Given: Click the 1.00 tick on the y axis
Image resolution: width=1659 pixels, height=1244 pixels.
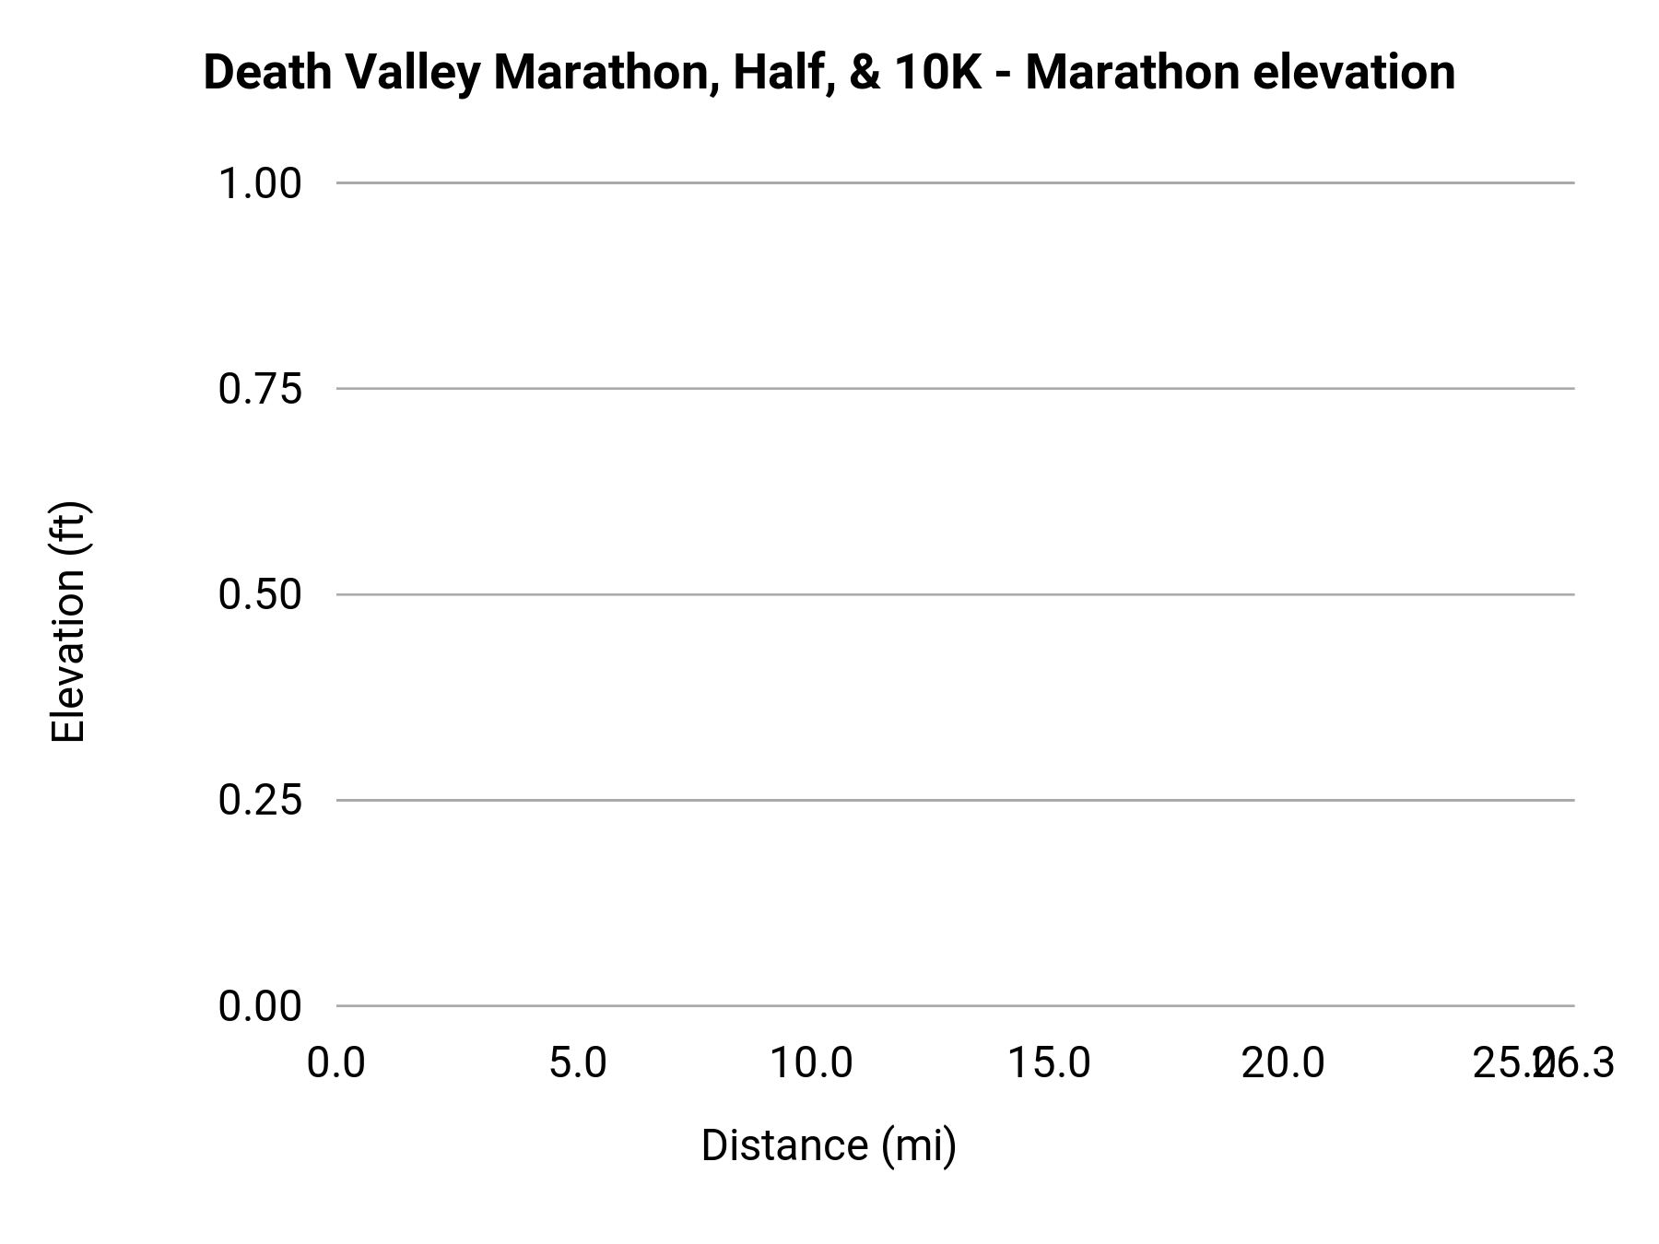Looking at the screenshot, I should pyautogui.click(x=260, y=184).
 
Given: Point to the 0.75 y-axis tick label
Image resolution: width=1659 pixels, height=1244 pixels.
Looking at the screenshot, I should pyautogui.click(x=260, y=390).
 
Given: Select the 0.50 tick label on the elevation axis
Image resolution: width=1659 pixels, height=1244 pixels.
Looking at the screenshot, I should pyautogui.click(x=260, y=595).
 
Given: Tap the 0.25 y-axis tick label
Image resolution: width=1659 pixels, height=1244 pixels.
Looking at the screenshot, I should pyautogui.click(x=260, y=801).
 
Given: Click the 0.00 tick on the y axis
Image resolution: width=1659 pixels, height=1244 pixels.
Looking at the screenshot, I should pyautogui.click(x=260, y=1006).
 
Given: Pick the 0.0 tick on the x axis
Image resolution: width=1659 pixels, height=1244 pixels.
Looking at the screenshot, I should pyautogui.click(x=336, y=1063).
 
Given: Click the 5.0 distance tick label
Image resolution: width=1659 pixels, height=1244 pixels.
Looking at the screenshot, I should pyautogui.click(x=578, y=1063).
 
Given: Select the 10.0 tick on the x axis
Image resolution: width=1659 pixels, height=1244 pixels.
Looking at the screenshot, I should pyautogui.click(x=811, y=1063).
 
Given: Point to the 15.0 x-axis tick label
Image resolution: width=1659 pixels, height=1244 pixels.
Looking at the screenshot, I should pyautogui.click(x=1049, y=1063).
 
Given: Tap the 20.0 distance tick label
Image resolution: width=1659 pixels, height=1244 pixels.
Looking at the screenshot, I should pyautogui.click(x=1283, y=1063).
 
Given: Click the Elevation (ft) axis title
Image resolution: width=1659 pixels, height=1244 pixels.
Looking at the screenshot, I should pyautogui.click(x=68, y=622).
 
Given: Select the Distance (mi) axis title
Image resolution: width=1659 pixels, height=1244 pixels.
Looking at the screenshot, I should pyautogui.click(x=829, y=1145).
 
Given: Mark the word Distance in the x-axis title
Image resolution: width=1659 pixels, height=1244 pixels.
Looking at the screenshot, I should pyautogui.click(x=784, y=1145).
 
